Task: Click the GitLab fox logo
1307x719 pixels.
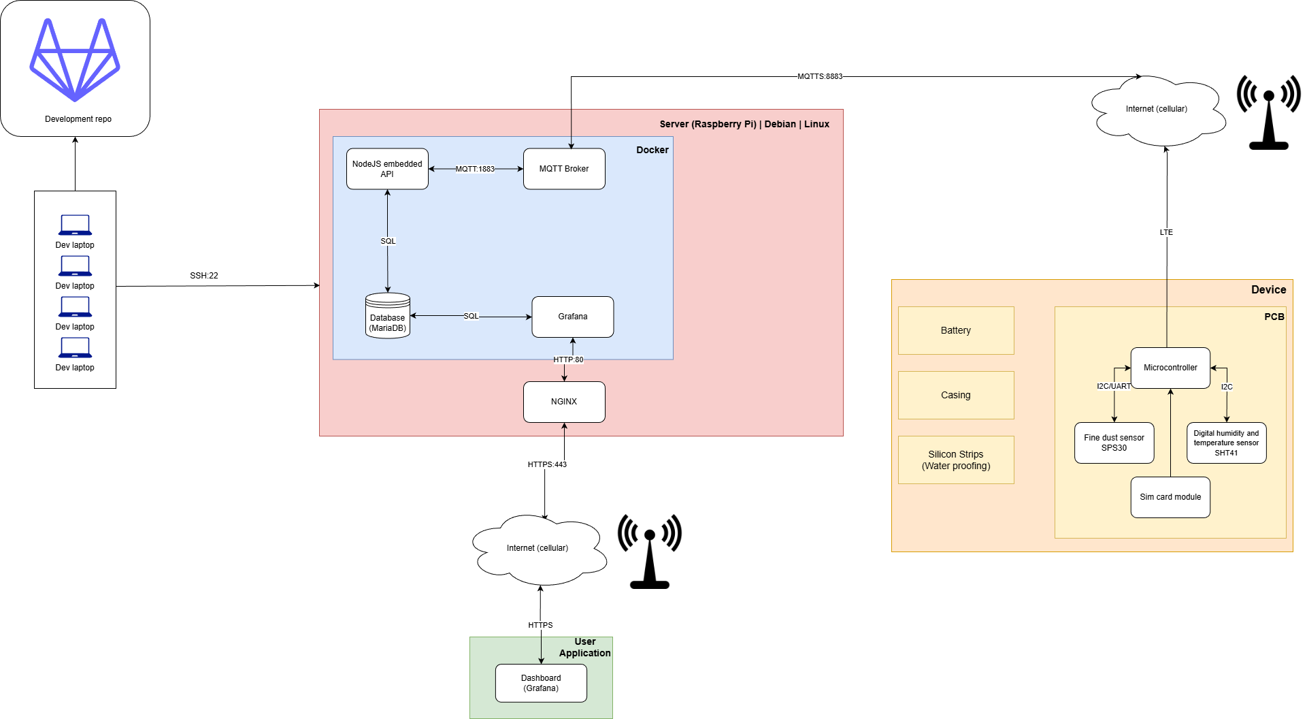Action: point(75,60)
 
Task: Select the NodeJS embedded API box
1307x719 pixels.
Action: point(387,169)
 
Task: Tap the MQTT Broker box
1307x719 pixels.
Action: point(564,169)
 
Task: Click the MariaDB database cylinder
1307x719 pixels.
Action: point(388,316)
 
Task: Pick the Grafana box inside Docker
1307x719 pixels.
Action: point(573,317)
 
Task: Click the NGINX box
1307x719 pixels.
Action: point(564,402)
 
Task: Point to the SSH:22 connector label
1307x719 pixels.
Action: point(204,276)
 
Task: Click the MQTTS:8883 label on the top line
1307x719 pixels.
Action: point(820,76)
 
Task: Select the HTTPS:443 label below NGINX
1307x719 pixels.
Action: point(547,464)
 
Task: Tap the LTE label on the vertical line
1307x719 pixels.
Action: point(1166,232)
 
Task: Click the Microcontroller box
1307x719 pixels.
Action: point(1170,368)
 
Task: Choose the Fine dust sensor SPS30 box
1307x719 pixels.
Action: point(1114,443)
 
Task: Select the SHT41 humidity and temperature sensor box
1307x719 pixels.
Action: point(1226,443)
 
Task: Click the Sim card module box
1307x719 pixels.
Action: point(1170,497)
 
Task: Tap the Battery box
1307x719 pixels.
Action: point(956,330)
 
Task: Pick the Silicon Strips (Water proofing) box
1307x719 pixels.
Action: point(956,460)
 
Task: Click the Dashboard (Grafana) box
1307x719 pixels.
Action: point(541,683)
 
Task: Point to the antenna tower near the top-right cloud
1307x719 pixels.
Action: point(1269,112)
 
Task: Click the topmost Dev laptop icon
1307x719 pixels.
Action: point(75,225)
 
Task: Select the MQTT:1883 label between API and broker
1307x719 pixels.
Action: point(475,169)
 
